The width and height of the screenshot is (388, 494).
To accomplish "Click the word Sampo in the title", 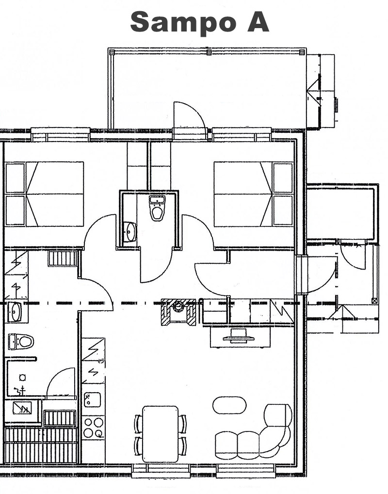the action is click(x=183, y=22).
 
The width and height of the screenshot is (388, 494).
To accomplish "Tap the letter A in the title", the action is click(x=258, y=21).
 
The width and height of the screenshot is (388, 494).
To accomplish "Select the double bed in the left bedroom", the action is click(x=45, y=194).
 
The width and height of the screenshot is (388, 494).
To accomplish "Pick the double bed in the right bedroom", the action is click(x=254, y=194).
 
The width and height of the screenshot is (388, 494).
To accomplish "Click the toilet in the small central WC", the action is click(x=157, y=208).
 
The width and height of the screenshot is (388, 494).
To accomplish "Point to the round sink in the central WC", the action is click(x=129, y=232).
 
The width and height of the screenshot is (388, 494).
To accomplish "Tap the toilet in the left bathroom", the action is click(x=21, y=341).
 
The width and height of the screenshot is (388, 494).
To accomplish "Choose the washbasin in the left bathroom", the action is click(x=15, y=312).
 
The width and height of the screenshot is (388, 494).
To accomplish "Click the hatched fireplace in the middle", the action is click(x=178, y=312).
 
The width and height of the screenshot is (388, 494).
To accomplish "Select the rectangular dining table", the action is click(x=161, y=434).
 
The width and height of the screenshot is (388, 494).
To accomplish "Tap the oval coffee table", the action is click(x=229, y=405).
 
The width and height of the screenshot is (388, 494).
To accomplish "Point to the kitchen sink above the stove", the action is click(x=92, y=399).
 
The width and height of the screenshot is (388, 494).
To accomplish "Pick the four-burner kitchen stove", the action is click(x=93, y=428).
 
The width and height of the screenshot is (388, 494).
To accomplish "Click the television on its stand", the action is click(x=239, y=336).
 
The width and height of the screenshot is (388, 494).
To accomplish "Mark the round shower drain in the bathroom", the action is click(x=22, y=377).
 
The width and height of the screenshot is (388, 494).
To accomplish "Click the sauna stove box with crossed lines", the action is click(x=22, y=408).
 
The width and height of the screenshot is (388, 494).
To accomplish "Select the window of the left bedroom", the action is click(x=61, y=134).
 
